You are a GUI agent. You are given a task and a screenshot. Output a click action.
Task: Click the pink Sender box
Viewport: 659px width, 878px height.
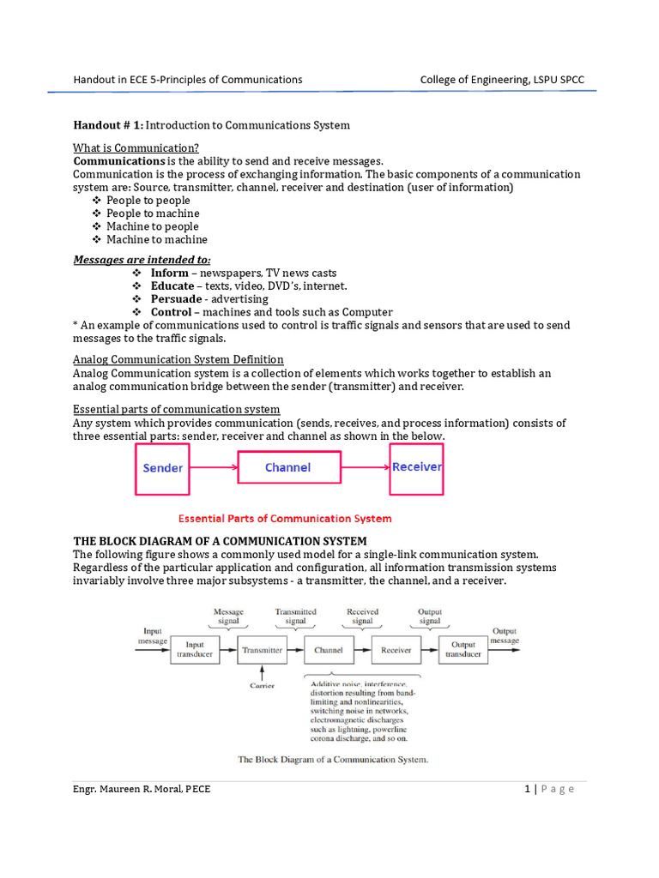[163, 468]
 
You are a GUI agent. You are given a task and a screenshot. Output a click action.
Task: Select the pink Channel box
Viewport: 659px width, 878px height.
[287, 467]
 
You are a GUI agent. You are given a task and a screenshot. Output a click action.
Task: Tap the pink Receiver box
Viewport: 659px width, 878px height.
[417, 468]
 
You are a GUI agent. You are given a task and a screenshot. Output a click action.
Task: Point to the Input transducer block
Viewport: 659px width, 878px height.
[195, 650]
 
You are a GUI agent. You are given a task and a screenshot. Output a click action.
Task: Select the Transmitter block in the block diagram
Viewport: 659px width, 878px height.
[262, 650]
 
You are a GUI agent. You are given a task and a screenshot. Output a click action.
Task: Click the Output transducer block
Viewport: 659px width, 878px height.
[463, 650]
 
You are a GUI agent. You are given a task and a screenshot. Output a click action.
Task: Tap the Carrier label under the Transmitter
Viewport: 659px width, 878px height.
[262, 685]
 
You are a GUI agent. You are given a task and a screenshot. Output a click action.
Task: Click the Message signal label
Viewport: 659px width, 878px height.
[228, 616]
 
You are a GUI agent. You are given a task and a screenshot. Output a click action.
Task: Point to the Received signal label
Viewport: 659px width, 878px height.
[362, 616]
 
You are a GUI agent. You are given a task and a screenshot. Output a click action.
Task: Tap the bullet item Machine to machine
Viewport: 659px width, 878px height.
[156, 239]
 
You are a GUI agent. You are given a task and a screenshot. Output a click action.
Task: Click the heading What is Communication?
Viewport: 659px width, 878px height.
[136, 148]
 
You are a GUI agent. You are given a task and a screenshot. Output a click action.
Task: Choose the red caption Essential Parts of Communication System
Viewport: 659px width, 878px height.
[284, 519]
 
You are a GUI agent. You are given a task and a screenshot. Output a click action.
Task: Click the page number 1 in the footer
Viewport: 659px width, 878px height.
[528, 790]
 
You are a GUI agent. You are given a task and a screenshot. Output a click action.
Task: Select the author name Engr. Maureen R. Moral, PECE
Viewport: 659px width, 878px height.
[142, 790]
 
